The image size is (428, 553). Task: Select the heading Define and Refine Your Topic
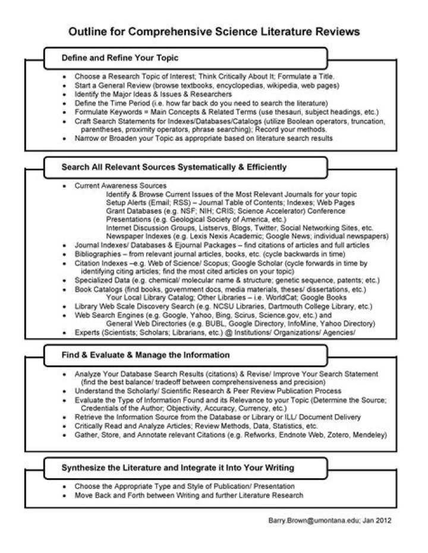(120, 58)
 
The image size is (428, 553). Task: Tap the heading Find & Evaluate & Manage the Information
(146, 355)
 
